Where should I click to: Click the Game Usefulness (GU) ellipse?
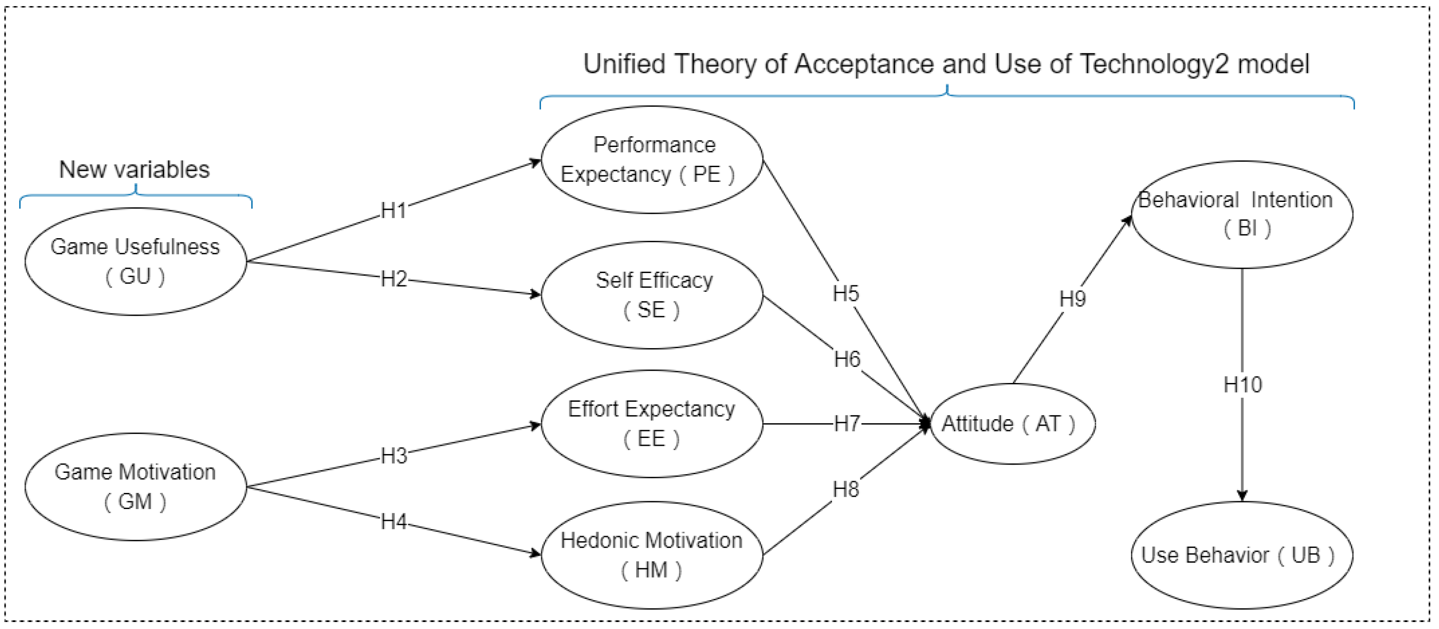coord(135,261)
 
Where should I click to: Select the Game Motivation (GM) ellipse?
coord(135,486)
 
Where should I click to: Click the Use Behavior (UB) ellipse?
coord(1241,555)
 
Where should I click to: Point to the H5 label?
coord(845,293)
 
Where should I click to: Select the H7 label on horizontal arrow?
coord(846,424)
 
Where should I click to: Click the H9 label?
coord(1072,299)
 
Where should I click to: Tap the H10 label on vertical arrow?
coord(1242,384)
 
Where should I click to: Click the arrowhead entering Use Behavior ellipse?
coord(1241,496)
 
